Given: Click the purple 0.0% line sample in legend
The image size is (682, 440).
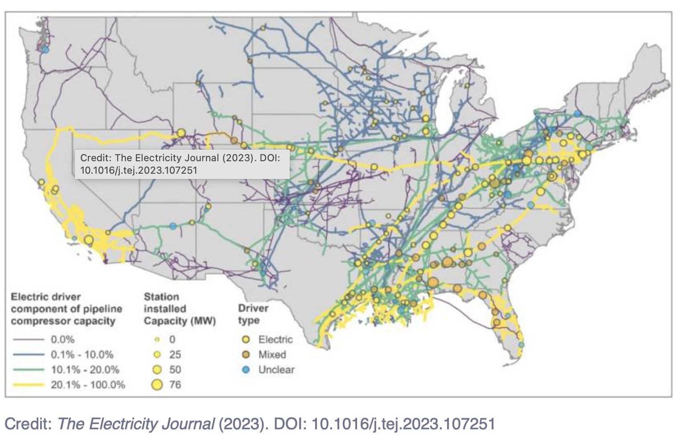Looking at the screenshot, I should pos(28,340).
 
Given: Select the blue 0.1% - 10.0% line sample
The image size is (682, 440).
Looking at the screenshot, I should pos(28,355).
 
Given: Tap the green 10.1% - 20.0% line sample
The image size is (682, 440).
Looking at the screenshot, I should pos(28,370).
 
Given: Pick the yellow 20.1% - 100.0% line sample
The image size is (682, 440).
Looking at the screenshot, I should pos(28,385).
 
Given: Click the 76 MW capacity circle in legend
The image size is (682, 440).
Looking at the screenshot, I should pos(156,385).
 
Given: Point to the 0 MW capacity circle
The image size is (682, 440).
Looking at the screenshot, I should pos(157,340).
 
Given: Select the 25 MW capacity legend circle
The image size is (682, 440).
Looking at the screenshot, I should pos(157,355).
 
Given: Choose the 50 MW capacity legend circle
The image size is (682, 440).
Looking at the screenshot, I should pos(157,370).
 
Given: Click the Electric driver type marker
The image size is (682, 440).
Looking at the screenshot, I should pos(246,340).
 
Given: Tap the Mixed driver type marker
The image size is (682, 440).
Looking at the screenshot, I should pos(246,355).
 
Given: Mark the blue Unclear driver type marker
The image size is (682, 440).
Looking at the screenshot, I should pos(246,370).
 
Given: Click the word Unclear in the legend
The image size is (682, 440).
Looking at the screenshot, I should pos(276,370).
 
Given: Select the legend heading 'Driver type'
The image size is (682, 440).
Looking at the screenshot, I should pos(253,314).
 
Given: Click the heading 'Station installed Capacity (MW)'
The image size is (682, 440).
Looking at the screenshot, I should pos(179,309).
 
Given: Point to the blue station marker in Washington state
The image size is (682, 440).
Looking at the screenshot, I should pos(45,50).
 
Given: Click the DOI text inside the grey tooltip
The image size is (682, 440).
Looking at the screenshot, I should pos(138,170).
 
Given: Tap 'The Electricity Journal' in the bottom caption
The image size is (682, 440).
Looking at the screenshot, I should pos(136,424).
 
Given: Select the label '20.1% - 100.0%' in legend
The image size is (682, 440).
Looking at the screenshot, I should pos(88,385).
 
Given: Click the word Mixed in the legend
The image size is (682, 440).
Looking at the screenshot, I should pos(272,355).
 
